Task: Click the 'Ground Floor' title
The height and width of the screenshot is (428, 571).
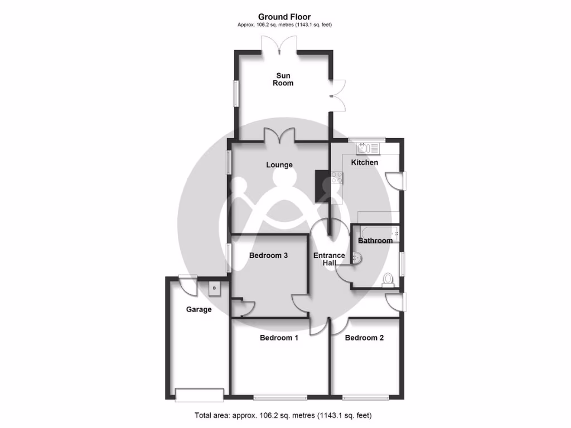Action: (284, 17)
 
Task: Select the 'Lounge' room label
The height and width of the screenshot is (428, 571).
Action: (279, 165)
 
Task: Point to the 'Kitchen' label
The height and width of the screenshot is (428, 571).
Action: (364, 163)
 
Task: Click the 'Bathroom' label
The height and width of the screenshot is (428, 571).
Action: (375, 241)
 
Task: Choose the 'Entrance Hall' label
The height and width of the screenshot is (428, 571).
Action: (329, 260)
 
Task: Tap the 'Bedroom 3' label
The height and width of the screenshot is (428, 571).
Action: (268, 256)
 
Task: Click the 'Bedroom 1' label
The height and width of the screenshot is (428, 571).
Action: (279, 338)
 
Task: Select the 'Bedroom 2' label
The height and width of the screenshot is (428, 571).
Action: (364, 338)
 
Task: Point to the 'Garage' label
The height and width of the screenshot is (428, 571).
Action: (199, 309)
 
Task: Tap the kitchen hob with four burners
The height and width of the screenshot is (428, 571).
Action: (337, 178)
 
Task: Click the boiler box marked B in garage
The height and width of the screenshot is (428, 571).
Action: (214, 288)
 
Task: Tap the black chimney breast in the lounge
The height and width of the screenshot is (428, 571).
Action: (322, 187)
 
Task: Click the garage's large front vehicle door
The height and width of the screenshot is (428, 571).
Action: (199, 394)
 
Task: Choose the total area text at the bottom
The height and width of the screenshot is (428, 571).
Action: (283, 416)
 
